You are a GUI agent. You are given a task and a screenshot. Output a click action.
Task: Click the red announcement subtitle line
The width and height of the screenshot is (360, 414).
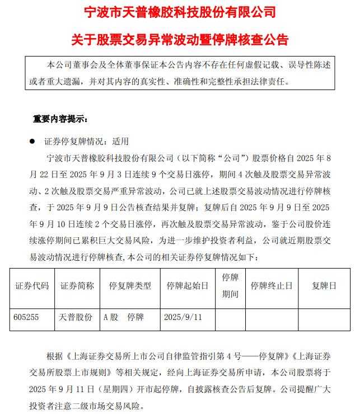point(180,40)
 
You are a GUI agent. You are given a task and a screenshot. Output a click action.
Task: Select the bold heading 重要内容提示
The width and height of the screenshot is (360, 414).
point(60,119)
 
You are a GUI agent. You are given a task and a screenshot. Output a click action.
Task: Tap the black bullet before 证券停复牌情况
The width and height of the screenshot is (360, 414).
point(32,142)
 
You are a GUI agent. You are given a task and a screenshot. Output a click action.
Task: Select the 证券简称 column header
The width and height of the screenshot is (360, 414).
point(77,286)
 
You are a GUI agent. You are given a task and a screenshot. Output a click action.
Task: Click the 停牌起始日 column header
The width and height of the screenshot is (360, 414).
point(187,286)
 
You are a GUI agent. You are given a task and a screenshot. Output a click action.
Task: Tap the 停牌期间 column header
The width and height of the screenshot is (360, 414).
point(230,285)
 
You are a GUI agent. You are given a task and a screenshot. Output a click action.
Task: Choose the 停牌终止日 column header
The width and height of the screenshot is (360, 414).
point(272,286)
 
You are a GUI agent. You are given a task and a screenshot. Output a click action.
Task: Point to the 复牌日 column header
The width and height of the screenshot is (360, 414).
point(325,286)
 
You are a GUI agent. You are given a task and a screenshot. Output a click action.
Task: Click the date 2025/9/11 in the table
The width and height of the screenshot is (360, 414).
point(182,317)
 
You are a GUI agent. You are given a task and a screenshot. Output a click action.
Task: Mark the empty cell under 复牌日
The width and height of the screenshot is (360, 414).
point(325,317)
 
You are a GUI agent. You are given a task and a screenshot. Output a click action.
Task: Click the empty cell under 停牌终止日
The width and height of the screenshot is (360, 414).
point(272,317)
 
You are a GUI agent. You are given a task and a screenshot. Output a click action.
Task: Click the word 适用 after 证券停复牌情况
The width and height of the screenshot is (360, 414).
point(120,142)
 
